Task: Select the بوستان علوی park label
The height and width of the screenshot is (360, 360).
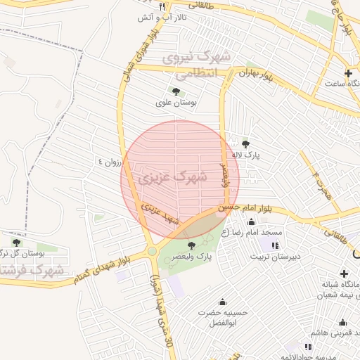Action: pos(176,103)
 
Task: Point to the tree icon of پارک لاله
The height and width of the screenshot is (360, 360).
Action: pos(245,143)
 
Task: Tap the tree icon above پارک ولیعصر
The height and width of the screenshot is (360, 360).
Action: pos(192,245)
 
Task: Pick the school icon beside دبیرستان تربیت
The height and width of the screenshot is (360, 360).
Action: pos(274,245)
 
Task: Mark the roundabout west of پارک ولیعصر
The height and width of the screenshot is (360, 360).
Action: pos(152,251)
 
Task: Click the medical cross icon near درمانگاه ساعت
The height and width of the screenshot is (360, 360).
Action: pos(349,73)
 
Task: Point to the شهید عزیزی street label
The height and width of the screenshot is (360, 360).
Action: pos(161,214)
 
